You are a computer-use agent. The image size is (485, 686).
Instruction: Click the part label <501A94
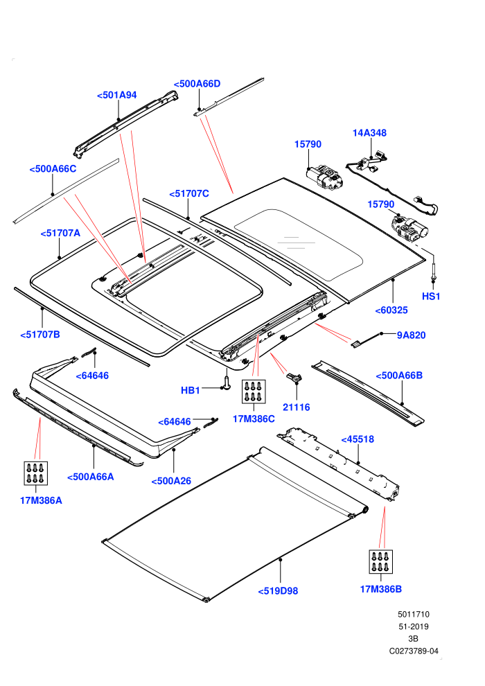(117, 95)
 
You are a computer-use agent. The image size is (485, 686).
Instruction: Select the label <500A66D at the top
(197, 84)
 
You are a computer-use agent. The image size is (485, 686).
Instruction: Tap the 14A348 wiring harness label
(369, 132)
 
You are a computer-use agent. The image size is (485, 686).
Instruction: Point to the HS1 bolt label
(431, 296)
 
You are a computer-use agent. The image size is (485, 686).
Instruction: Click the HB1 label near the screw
(191, 390)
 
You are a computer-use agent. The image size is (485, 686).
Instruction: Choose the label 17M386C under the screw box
(254, 419)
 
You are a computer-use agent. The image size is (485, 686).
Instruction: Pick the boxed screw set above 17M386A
(36, 473)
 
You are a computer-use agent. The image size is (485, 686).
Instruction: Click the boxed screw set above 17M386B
(381, 562)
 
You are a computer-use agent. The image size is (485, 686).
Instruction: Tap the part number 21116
(296, 407)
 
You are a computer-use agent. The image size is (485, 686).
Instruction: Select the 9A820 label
(411, 335)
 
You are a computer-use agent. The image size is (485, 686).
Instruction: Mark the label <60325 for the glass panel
(391, 310)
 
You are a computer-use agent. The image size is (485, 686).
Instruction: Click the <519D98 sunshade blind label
(278, 591)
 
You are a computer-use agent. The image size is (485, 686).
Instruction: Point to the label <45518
(358, 439)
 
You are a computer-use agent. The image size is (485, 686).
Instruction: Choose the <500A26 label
(171, 482)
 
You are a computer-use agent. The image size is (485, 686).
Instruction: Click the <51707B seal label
(40, 335)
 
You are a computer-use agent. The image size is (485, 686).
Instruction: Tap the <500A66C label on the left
(53, 169)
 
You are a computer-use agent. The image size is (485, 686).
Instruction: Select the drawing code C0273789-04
(414, 651)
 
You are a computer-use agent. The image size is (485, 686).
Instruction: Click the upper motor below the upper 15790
(324, 177)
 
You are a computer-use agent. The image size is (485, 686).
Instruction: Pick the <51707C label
(189, 193)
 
